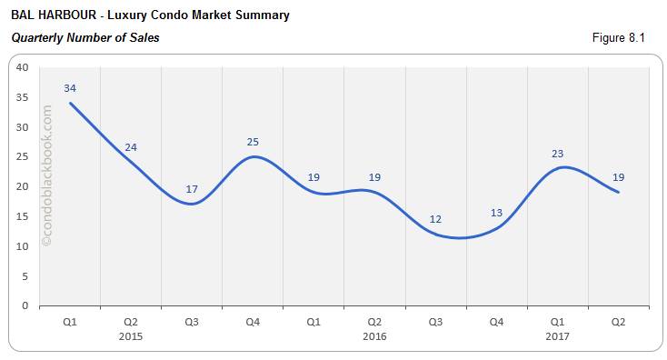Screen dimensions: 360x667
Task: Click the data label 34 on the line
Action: [x=70, y=88]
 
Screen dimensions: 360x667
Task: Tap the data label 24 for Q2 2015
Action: [x=131, y=147]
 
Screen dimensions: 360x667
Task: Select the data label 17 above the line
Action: [x=192, y=189]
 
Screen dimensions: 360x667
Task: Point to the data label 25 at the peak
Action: [x=253, y=142]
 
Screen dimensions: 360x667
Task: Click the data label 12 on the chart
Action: [x=435, y=219]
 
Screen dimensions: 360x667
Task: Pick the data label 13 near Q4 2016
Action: [x=496, y=213]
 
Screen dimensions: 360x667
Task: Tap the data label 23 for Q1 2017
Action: [x=558, y=154]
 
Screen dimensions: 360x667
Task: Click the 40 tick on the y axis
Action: [x=23, y=67]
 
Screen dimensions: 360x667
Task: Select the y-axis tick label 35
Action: [x=23, y=97]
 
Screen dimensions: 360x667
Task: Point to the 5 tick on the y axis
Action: [x=25, y=276]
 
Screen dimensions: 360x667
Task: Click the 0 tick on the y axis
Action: [x=25, y=306]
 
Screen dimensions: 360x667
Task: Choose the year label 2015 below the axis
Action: [x=131, y=335]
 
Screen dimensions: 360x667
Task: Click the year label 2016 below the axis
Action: [x=374, y=335]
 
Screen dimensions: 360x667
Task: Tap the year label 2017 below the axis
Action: [x=558, y=335]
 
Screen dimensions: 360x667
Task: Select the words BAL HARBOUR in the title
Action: [x=49, y=15]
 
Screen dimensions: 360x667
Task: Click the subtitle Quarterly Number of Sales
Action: [x=85, y=37]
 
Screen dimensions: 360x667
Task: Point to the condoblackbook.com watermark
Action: [x=47, y=176]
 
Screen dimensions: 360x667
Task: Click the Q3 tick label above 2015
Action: [x=192, y=321]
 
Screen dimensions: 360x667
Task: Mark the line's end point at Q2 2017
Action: [x=619, y=192]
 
